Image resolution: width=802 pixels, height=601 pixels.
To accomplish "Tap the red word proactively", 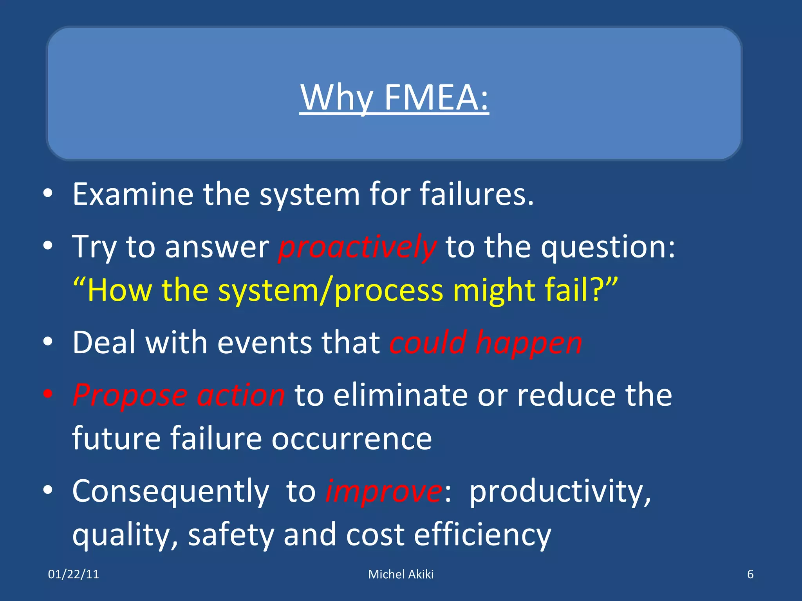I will [x=357, y=247].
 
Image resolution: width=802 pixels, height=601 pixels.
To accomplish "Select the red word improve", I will [x=384, y=491].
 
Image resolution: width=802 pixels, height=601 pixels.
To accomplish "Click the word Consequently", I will [x=171, y=491].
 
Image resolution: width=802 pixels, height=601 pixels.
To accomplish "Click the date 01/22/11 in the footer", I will [x=74, y=574].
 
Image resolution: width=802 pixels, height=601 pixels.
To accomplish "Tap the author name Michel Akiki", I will [x=401, y=574].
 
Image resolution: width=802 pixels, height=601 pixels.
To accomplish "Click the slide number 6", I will [x=750, y=574].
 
